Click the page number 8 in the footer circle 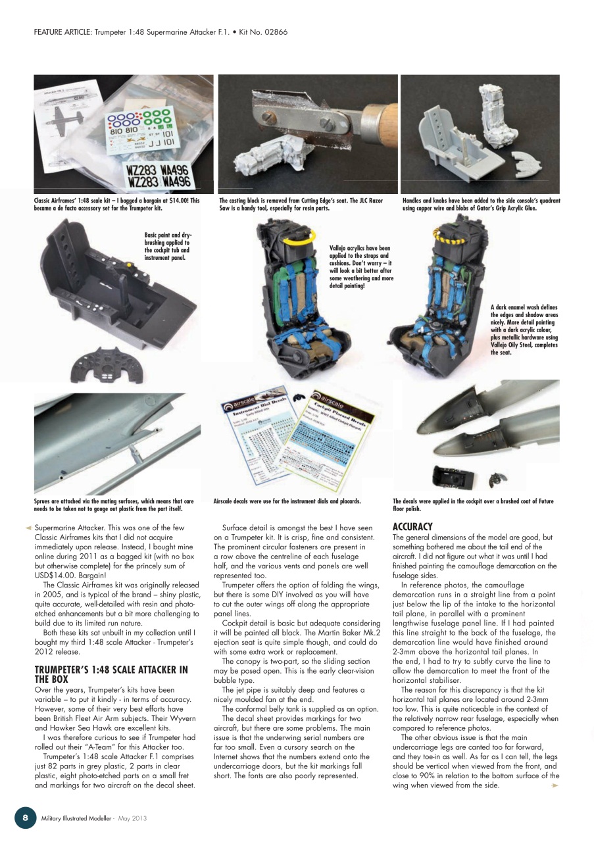(25, 818)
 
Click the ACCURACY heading (412, 527)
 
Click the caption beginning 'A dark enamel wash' (524, 329)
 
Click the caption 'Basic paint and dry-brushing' (168, 245)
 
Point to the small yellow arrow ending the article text (555, 785)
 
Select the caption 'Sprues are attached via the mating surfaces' (114, 505)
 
